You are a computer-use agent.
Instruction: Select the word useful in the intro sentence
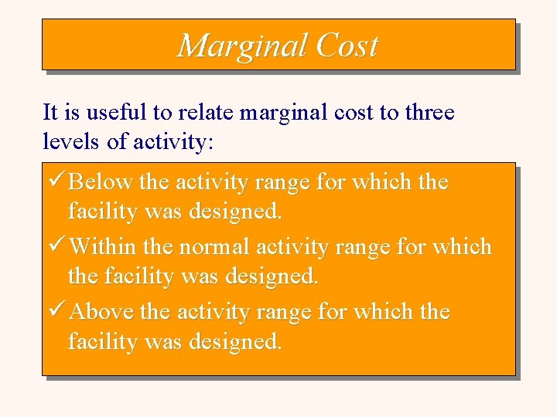[x=117, y=113]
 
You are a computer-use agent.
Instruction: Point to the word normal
[x=214, y=247]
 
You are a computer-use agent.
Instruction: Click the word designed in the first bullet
[x=241, y=212]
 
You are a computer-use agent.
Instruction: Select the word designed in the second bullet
[x=278, y=276]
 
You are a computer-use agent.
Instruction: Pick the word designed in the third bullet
[x=241, y=341]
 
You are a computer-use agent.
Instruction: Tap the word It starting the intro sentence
[x=50, y=113]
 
